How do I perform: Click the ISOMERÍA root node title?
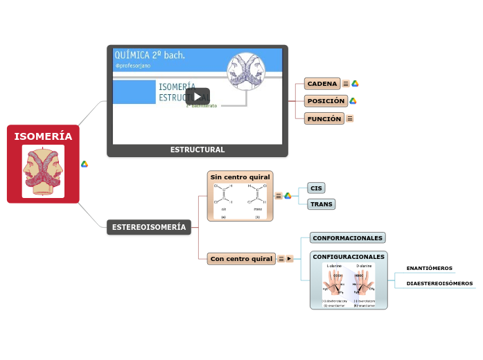(43, 136)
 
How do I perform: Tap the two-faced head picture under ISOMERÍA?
(43, 171)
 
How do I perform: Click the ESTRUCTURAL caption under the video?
(197, 150)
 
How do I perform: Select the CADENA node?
(322, 84)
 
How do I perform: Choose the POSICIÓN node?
(325, 101)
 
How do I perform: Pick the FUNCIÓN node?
(324, 118)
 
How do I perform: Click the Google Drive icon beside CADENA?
(355, 84)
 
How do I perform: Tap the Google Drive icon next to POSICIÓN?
(353, 101)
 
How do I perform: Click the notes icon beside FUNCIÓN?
(349, 118)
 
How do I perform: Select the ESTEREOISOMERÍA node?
(149, 227)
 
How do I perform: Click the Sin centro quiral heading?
(240, 178)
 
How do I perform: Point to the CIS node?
(316, 188)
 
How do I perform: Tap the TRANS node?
(321, 204)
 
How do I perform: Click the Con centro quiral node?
(241, 259)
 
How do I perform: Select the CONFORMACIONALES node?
(347, 238)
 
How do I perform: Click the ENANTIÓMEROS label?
(429, 268)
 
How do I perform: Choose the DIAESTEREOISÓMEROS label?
(439, 283)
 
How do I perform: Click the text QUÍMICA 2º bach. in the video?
(150, 55)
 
